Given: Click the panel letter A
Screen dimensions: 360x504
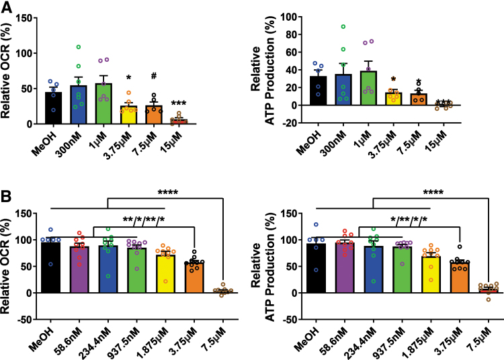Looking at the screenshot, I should pos(7,7).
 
